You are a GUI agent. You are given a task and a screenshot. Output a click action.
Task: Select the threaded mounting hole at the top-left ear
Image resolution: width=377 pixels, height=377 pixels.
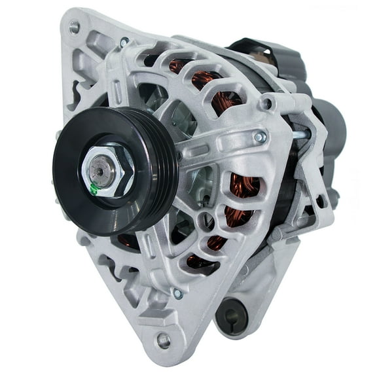(x=75, y=27)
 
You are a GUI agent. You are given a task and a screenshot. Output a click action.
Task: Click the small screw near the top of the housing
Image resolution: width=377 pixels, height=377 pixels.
(x=124, y=43)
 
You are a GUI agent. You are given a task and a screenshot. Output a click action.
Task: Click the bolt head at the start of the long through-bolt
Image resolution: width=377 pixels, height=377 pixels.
(x=260, y=137)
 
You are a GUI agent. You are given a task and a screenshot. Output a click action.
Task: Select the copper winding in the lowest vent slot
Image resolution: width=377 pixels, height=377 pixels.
(x=196, y=262)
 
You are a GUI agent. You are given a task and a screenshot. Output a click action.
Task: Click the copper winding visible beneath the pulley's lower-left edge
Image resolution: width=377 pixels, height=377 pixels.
(x=128, y=242)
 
